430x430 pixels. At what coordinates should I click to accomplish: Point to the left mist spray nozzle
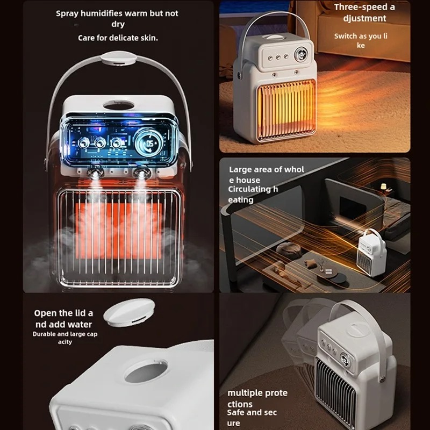[95, 173]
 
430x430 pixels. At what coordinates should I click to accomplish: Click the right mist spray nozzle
[141, 173]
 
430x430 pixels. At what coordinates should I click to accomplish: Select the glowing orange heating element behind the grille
[118, 231]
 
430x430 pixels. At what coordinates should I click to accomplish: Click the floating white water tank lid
[129, 312]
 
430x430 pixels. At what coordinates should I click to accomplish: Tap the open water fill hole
[146, 371]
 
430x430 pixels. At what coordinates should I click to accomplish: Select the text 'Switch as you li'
[361, 36]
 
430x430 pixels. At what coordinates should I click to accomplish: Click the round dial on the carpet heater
[300, 54]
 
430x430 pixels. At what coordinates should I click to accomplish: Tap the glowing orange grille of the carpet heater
[286, 110]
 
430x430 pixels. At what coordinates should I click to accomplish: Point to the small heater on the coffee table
[371, 252]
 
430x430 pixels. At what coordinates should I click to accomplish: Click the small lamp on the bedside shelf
[383, 186]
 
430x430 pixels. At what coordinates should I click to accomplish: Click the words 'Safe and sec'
[252, 412]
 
